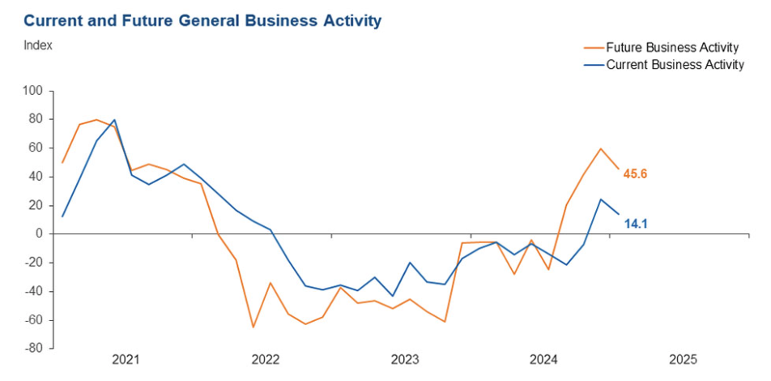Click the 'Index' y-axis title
tap(38, 45)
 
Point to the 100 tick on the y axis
tap(33, 91)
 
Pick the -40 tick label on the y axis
tap(34, 292)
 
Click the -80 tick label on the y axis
tap(34, 349)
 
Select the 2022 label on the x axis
tap(265, 359)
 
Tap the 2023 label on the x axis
tap(404, 359)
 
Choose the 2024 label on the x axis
tap(543, 359)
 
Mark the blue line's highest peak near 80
tap(114, 120)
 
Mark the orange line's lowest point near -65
tap(253, 327)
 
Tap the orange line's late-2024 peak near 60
tap(601, 148)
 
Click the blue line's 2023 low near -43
tap(393, 296)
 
